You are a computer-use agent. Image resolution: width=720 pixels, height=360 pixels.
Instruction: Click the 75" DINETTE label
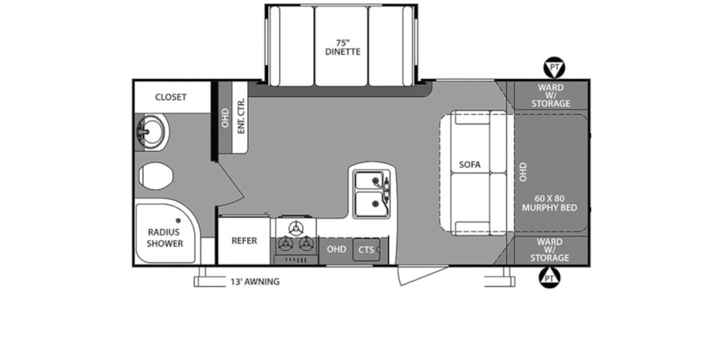click(343, 47)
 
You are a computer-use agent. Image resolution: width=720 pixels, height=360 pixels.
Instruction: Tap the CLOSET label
click(171, 97)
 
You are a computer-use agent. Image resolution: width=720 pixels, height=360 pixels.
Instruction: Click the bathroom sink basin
click(151, 132)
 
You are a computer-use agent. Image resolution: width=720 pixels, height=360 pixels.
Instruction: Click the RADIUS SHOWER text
click(165, 238)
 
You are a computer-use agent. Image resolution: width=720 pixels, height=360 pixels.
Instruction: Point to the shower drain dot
click(178, 220)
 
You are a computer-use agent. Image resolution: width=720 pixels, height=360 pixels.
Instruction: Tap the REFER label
click(244, 241)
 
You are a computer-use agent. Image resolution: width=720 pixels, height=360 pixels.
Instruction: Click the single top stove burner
click(296, 229)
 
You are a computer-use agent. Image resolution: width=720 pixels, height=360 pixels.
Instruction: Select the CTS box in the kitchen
click(366, 250)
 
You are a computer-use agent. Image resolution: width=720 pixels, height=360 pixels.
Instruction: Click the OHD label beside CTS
click(336, 249)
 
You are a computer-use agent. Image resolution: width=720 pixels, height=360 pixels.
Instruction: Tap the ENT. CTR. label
click(241, 116)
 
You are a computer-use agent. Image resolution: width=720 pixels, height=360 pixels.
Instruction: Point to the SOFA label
click(469, 165)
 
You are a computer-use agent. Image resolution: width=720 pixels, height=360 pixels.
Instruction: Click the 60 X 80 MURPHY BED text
click(549, 203)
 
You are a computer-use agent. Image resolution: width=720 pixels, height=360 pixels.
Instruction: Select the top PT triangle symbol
click(554, 67)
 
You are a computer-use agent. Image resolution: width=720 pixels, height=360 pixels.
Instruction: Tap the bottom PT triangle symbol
click(549, 278)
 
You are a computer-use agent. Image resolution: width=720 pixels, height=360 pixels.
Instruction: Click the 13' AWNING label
click(255, 282)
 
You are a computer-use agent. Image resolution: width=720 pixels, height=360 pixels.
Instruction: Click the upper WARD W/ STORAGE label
click(550, 95)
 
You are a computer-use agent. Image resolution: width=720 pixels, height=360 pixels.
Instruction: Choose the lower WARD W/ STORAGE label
click(549, 250)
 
